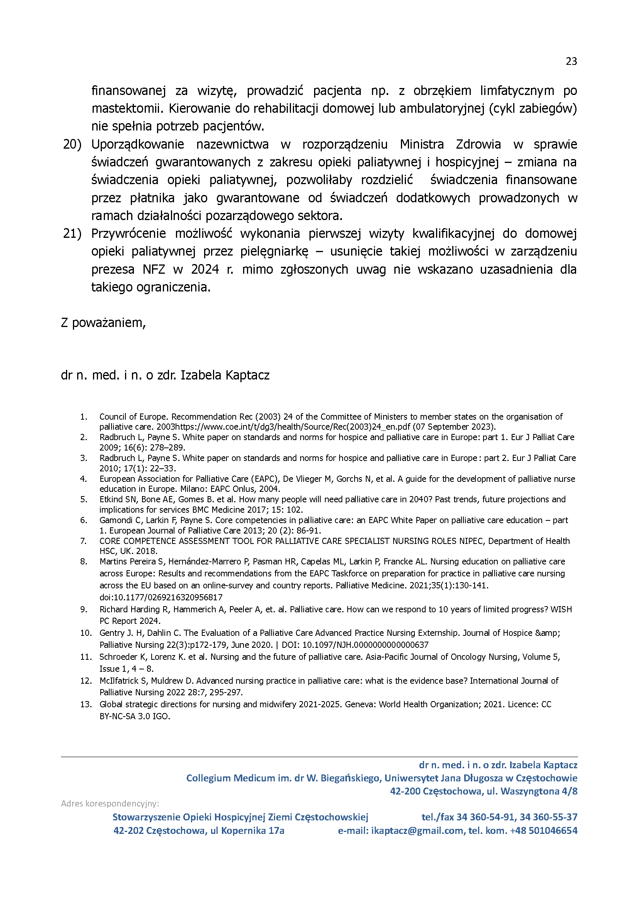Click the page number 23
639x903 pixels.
(571, 61)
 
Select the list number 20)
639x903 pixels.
(72, 144)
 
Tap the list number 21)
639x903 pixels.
(72, 234)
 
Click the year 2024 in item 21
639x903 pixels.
(205, 269)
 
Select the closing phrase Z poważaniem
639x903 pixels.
(103, 323)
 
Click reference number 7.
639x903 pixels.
(83, 541)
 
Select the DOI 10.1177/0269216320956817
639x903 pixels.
(161, 597)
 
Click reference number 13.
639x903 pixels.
(85, 704)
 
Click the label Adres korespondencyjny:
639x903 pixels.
(110, 804)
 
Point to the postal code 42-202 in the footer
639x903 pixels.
(128, 830)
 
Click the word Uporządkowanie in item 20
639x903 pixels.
(137, 144)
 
